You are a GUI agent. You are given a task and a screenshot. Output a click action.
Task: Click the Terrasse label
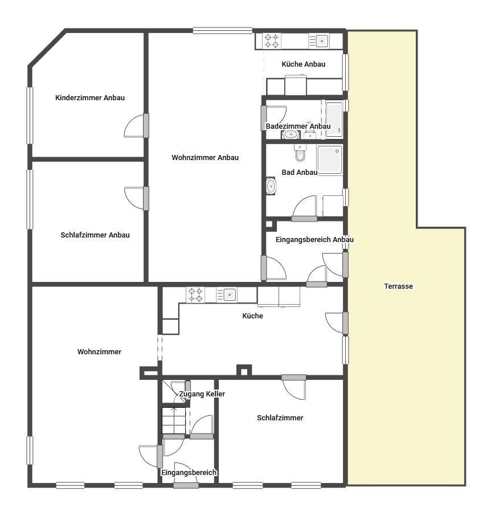tap(398, 286)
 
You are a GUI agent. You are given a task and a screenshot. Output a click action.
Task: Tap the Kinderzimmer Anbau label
tap(90, 98)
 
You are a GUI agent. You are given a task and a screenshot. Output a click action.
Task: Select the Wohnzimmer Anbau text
tap(205, 158)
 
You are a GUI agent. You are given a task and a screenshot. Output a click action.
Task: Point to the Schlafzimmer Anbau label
tap(95, 235)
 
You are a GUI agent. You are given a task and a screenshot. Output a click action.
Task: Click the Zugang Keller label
tap(202, 394)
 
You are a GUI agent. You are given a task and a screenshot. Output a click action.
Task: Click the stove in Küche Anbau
tap(272, 41)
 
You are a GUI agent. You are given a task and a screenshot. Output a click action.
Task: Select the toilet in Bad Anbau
tap(300, 153)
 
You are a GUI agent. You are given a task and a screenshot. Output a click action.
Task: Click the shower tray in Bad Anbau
tap(330, 160)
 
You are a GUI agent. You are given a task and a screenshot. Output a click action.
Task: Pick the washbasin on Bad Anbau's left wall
tap(271, 186)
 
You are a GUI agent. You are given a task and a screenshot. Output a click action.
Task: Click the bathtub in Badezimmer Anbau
tap(334, 120)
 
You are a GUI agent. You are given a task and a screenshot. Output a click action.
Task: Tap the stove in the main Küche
tap(195, 294)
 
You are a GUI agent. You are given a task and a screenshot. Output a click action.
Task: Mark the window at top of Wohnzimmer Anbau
tap(223, 31)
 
